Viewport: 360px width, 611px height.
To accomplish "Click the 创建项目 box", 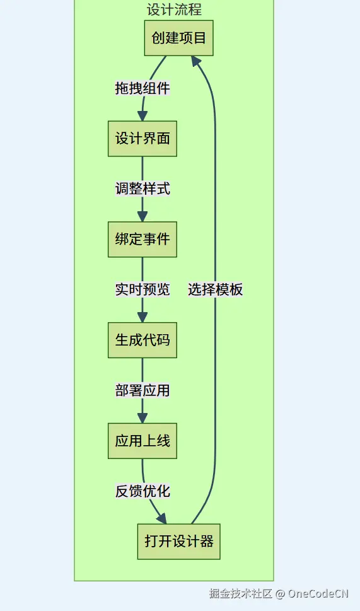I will pos(179,38).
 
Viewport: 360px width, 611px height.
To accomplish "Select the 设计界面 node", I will pos(142,139).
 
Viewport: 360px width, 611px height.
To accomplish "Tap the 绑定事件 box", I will pos(142,240).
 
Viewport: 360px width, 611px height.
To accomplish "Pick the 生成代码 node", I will pos(142,340).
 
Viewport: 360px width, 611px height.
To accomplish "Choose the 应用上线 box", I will pos(142,441).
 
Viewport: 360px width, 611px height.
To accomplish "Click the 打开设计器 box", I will pos(179,542).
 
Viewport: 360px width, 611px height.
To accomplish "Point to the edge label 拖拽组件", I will pos(142,88).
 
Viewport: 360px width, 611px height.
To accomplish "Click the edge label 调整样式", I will pos(142,189).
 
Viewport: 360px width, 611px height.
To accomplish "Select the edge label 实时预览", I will pos(142,289).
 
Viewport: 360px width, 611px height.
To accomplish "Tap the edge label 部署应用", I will pos(142,390).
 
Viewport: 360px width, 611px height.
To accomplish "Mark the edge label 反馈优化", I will pos(142,491).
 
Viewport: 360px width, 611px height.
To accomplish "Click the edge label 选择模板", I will pos(216,289).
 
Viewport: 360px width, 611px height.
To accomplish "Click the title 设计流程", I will pos(174,9).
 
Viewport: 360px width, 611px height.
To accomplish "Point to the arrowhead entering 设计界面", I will pos(142,116).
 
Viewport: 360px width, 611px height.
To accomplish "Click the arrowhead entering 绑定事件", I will pos(142,217).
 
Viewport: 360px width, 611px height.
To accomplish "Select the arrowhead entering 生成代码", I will pos(142,317).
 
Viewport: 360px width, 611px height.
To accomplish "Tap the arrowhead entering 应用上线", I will pos(142,418).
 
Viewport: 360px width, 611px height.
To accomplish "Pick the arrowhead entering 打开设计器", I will pos(162,519).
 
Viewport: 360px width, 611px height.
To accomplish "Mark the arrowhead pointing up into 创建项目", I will pos(196,61).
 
